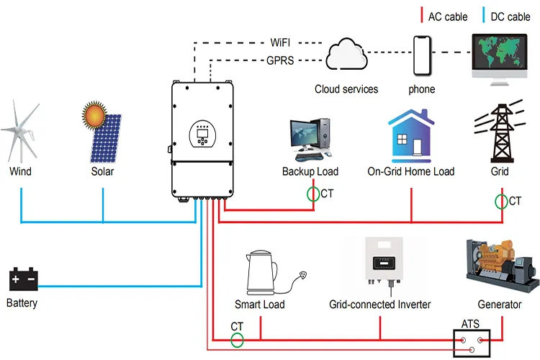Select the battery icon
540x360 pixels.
click(22, 279)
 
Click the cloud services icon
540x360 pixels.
click(346, 55)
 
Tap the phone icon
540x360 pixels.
click(422, 55)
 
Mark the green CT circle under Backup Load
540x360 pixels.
click(312, 194)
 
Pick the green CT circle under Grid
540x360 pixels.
click(501, 201)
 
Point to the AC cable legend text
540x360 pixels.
click(446, 17)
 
